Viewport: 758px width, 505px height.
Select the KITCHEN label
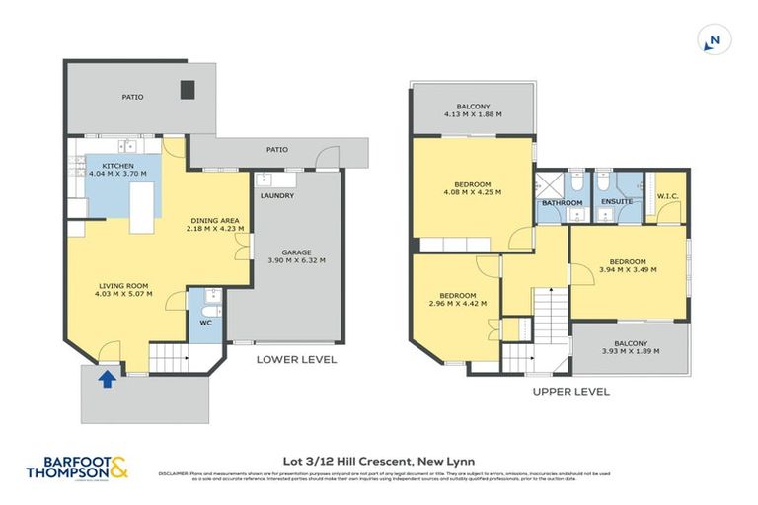pos(117,166)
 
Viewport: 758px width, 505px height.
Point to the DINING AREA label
pos(214,220)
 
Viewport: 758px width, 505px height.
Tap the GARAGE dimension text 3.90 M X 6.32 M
pos(296,261)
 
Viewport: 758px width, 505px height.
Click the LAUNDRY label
pos(277,195)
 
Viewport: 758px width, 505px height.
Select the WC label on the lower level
pos(205,322)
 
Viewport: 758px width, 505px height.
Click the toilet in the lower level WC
pos(209,296)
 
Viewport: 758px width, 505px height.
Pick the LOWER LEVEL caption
pos(297,360)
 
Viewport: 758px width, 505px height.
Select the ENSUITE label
pos(616,202)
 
